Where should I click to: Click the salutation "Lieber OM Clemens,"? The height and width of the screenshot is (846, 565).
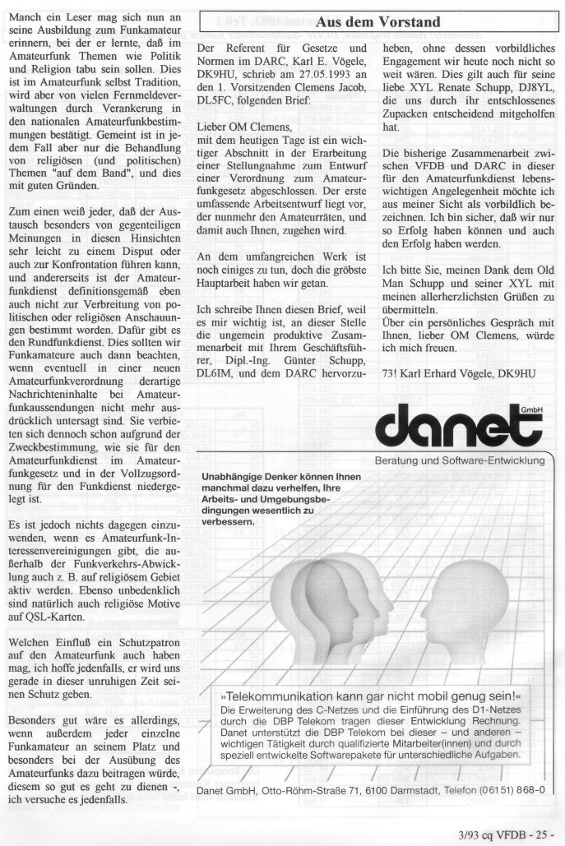[248, 127]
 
